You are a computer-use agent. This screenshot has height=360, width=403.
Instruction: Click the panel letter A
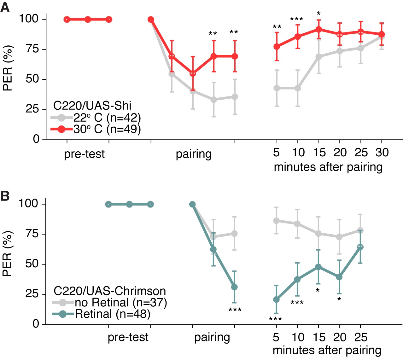click(x=5, y=7)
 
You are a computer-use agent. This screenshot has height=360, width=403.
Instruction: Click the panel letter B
click(x=5, y=196)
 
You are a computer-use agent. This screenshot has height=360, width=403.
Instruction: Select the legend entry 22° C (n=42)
click(x=107, y=118)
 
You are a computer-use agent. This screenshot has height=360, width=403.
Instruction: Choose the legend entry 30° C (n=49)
click(x=107, y=129)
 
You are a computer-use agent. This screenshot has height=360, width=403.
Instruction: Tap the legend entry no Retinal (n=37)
click(x=120, y=303)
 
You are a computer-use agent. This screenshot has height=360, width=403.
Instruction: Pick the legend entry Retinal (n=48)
click(x=112, y=314)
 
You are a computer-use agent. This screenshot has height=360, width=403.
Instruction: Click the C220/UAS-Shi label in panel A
click(x=92, y=106)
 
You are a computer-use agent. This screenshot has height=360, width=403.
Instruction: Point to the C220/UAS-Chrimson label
click(x=110, y=291)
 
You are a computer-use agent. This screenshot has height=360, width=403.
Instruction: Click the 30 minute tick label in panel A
click(x=382, y=153)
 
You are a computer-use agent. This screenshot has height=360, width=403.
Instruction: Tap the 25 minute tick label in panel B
click(x=361, y=337)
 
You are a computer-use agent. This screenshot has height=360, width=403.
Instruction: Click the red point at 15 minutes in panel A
click(x=318, y=30)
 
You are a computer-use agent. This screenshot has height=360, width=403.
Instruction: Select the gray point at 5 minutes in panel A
click(x=277, y=88)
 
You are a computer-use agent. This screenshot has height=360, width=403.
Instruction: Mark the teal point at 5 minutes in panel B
click(x=276, y=299)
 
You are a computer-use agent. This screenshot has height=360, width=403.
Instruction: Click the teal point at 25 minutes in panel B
click(x=360, y=247)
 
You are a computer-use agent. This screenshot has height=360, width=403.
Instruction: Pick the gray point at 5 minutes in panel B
click(x=276, y=221)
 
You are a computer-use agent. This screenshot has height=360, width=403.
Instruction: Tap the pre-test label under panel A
click(x=84, y=154)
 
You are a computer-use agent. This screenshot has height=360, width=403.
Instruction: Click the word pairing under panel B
click(x=212, y=337)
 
